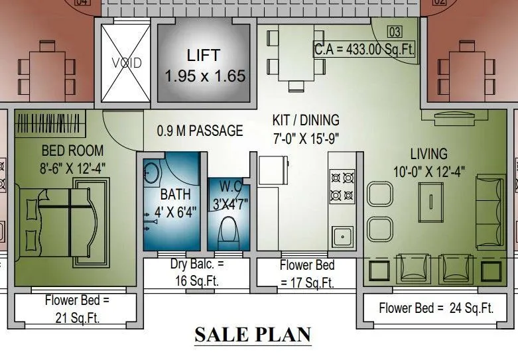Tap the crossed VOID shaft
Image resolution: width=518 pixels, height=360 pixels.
coord(125,63)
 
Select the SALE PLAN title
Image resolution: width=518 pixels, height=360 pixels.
coord(253,335)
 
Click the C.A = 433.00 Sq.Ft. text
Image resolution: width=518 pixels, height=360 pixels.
coord(364,49)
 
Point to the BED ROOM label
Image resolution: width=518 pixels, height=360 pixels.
coord(73,150)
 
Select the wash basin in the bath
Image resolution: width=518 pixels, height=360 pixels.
coord(151,172)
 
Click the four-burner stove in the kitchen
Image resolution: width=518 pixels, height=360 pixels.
coord(342,186)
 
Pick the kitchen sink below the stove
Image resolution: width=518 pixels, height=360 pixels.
coord(342,236)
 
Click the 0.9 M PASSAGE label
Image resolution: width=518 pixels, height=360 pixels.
coord(200,131)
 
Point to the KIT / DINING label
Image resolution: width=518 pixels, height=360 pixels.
coord(306,121)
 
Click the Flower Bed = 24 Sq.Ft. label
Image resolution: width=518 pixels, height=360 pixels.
coord(436,308)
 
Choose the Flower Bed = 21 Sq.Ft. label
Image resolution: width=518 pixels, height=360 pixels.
coord(77,309)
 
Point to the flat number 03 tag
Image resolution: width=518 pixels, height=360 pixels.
coord(395,32)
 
